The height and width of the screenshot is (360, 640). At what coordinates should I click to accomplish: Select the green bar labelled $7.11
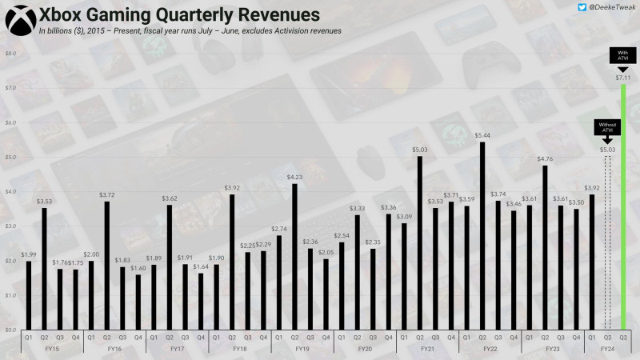click(x=623, y=208)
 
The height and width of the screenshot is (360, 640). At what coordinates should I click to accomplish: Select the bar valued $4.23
click(x=294, y=257)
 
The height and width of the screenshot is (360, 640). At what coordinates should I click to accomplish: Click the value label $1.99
click(x=28, y=254)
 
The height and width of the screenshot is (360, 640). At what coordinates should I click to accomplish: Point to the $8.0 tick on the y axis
click(x=11, y=54)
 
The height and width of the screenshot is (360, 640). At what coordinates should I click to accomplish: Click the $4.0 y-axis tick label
click(x=11, y=192)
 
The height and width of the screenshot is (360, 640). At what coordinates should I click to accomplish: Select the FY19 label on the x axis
click(x=302, y=350)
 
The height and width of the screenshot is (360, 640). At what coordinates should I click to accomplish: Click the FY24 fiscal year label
click(x=607, y=350)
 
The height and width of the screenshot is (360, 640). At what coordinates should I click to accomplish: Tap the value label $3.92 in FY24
click(x=591, y=189)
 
